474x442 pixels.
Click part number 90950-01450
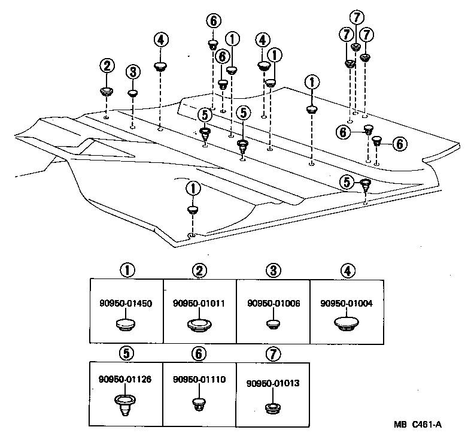(x=126, y=304)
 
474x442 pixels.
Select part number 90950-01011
(x=200, y=304)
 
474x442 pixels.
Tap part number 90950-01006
(x=273, y=304)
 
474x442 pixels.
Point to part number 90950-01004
(x=347, y=304)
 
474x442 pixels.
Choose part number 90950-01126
(x=126, y=379)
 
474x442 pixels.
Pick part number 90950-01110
(x=200, y=379)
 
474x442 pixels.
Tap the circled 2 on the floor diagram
(x=107, y=65)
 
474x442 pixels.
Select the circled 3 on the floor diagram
(x=133, y=72)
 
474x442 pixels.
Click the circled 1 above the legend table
(x=126, y=271)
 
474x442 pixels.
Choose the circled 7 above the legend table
(x=273, y=353)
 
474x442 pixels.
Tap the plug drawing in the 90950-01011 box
(x=200, y=324)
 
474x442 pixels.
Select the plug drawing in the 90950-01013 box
(x=273, y=407)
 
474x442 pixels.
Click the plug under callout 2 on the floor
(x=107, y=92)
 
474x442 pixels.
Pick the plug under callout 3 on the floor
(x=133, y=93)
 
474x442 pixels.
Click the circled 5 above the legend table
(x=126, y=353)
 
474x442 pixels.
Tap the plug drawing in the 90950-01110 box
(x=199, y=404)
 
